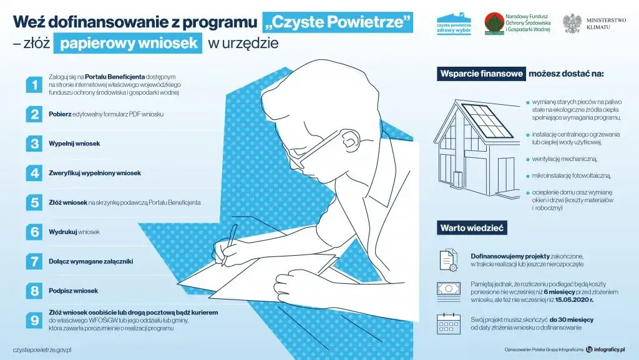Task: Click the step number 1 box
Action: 33,85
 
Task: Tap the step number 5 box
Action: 33,203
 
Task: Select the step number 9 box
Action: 33,319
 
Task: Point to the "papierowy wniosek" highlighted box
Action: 128,43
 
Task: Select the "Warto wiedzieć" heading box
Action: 472,228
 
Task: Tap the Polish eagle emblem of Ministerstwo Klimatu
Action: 572,23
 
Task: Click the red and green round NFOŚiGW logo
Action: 495,24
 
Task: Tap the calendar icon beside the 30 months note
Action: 448,324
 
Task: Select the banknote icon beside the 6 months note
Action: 448,289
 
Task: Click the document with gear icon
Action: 448,259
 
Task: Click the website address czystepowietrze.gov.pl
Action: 42,349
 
